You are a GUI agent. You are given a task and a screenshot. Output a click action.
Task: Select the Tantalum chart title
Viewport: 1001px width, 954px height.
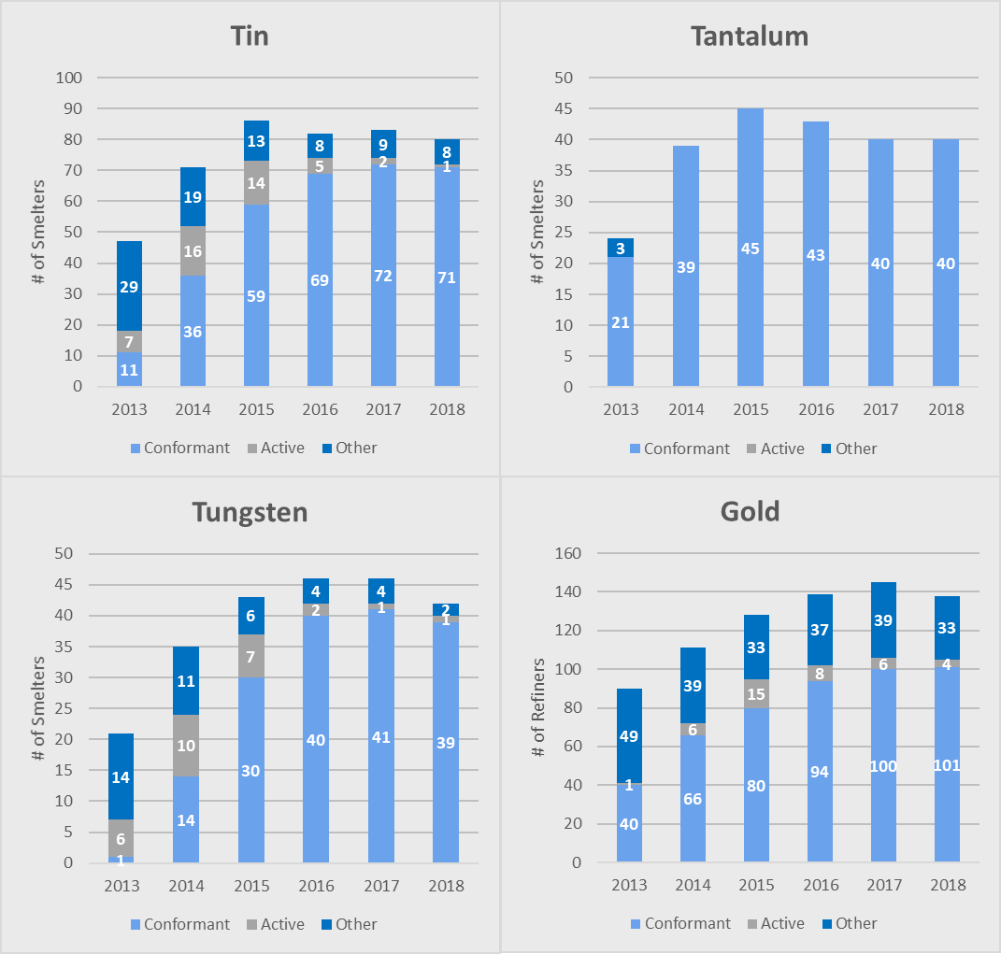[x=750, y=36]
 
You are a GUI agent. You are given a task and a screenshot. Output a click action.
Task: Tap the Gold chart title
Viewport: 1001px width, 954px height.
[x=750, y=511]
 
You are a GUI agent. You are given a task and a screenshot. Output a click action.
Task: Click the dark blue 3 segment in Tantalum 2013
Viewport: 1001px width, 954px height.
[x=621, y=248]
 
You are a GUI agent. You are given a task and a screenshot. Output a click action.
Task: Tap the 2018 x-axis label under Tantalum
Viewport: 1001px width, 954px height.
[x=946, y=409]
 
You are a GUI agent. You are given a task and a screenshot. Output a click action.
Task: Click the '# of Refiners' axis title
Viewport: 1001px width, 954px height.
[x=538, y=707]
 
